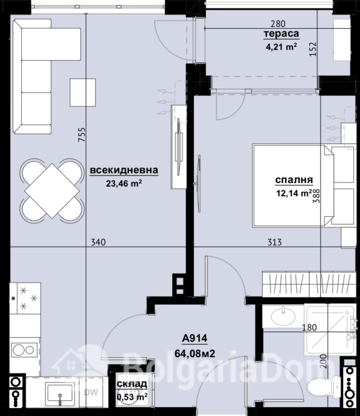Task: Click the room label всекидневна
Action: tap(124, 170)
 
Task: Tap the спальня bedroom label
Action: tap(294, 179)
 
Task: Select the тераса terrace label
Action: tap(281, 34)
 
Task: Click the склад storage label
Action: tap(132, 384)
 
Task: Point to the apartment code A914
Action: tap(194, 339)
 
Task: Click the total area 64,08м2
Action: tap(195, 354)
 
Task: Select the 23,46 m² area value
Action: tap(124, 183)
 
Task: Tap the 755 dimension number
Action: tap(82, 134)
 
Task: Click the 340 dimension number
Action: tap(98, 243)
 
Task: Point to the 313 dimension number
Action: tap(274, 243)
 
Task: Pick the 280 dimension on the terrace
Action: tap(278, 24)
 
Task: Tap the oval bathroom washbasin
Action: tap(283, 316)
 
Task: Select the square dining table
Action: tap(52, 191)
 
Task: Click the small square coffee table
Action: tap(83, 92)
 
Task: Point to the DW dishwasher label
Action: tap(91, 392)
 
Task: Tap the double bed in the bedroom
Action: tap(304, 185)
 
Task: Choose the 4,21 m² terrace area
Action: tap(281, 47)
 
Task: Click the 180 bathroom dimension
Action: tap(310, 328)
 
